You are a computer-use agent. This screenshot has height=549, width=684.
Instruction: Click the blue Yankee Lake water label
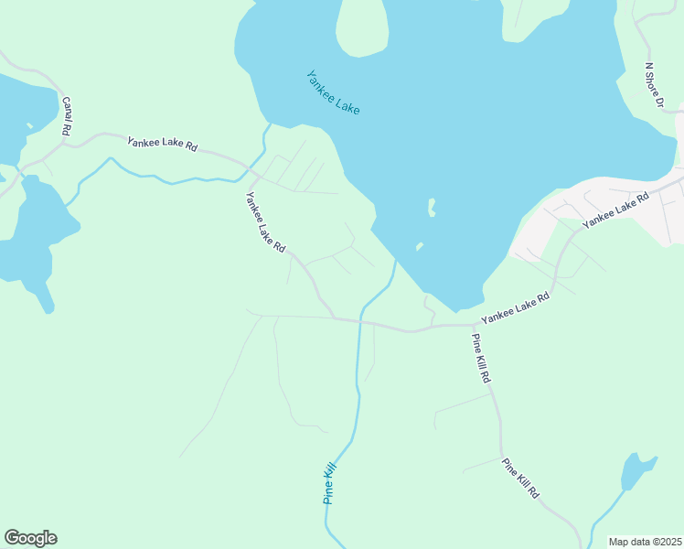coord(333,92)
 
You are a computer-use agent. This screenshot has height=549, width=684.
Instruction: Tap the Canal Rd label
coord(67,117)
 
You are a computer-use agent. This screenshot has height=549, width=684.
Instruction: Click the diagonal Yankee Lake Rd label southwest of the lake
coord(265,222)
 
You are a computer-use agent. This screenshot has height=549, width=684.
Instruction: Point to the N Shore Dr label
coord(653,85)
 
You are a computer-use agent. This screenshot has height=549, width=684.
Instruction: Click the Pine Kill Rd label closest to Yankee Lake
coord(482,358)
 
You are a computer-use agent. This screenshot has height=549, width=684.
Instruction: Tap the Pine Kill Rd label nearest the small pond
coord(520,478)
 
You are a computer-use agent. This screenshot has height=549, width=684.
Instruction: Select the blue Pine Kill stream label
coord(331,483)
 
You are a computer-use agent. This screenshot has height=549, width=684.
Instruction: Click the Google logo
coord(30,538)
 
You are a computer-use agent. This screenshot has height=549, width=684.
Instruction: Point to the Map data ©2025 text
coord(645,542)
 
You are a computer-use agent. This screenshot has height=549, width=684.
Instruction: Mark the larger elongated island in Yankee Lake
coord(431,208)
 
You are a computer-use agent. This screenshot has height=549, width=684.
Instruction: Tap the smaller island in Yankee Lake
coord(419,246)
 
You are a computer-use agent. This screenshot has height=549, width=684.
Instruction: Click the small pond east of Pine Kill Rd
coord(636,471)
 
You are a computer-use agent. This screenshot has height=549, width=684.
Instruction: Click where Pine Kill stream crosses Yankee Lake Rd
coord(360,322)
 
